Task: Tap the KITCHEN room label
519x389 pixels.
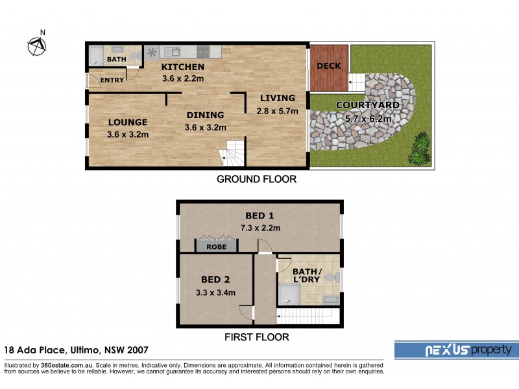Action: pyautogui.click(x=183, y=67)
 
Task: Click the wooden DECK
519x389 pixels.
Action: pyautogui.click(x=329, y=67)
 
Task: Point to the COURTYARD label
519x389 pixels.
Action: pyautogui.click(x=367, y=106)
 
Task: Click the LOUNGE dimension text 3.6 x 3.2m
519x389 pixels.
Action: pyautogui.click(x=128, y=135)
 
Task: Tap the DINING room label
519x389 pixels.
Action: pyautogui.click(x=205, y=115)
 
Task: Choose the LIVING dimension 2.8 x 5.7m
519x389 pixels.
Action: pyautogui.click(x=277, y=111)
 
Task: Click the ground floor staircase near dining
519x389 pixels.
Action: pyautogui.click(x=232, y=154)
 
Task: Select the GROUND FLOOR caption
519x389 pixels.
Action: pyautogui.click(x=256, y=179)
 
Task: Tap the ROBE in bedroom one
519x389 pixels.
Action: pyautogui.click(x=217, y=246)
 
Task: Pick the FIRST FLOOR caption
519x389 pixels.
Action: pyautogui.click(x=256, y=337)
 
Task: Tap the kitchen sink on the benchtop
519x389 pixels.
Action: pyautogui.click(x=173, y=51)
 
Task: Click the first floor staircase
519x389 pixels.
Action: pyautogui.click(x=307, y=316)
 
